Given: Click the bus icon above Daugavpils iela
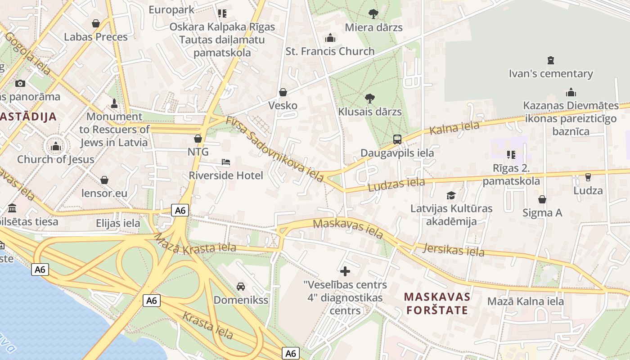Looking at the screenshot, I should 397,139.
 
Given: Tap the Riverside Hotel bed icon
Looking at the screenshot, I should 226,162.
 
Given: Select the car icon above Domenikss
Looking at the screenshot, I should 241,287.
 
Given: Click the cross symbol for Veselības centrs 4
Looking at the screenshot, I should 345,271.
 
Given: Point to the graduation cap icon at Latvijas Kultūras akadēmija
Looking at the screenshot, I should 451,195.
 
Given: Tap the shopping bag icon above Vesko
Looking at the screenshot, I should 283,92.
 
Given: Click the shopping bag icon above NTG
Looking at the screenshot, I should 198,139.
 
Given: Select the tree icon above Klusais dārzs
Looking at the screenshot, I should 370,98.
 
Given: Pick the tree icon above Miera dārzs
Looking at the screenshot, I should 373,14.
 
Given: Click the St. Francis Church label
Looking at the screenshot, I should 330,51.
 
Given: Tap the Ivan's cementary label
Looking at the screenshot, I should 551,73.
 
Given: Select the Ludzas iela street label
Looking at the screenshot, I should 396,184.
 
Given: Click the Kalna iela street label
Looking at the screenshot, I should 454,128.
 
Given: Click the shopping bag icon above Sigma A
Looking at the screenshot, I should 542,199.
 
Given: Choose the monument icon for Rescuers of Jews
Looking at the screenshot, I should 114,103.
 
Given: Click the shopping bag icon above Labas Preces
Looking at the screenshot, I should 95,23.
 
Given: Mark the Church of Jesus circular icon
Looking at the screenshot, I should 56,146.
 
